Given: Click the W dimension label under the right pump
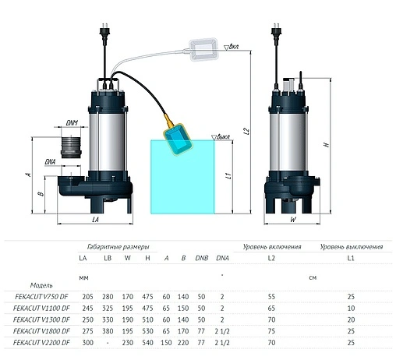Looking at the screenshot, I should [292, 220].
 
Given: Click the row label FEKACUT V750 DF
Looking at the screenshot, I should [41, 298].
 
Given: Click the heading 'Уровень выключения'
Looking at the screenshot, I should [350, 245].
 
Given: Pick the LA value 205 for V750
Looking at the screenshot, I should [86, 298].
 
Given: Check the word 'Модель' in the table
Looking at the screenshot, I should [41, 285].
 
